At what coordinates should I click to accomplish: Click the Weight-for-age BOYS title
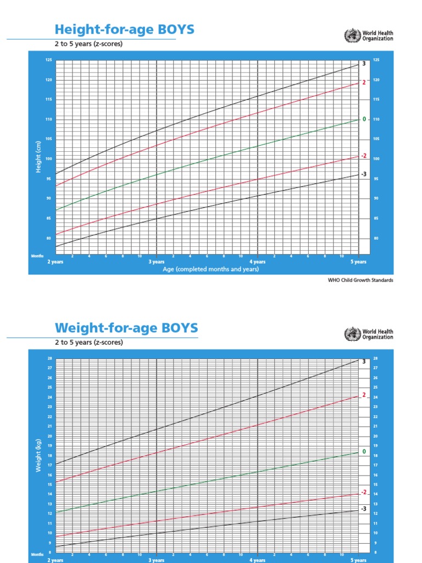pyautogui.click(x=126, y=328)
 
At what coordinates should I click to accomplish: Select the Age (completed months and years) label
pyautogui.click(x=211, y=269)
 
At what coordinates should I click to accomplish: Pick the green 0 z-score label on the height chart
pyautogui.click(x=363, y=119)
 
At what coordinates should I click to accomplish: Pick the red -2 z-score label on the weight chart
pyautogui.click(x=363, y=492)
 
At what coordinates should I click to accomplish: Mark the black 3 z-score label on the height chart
pyautogui.click(x=363, y=64)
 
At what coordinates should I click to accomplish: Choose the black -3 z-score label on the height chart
pyautogui.click(x=363, y=174)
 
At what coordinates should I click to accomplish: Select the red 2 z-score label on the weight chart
pyautogui.click(x=363, y=395)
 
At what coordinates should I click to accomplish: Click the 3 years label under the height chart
pyautogui.click(x=157, y=262)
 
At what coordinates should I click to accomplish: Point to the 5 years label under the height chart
pyautogui.click(x=359, y=262)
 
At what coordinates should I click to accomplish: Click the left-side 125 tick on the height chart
pyautogui.click(x=48, y=60)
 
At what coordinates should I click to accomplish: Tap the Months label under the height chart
pyautogui.click(x=37, y=256)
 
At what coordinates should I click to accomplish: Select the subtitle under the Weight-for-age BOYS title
pyautogui.click(x=88, y=342)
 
